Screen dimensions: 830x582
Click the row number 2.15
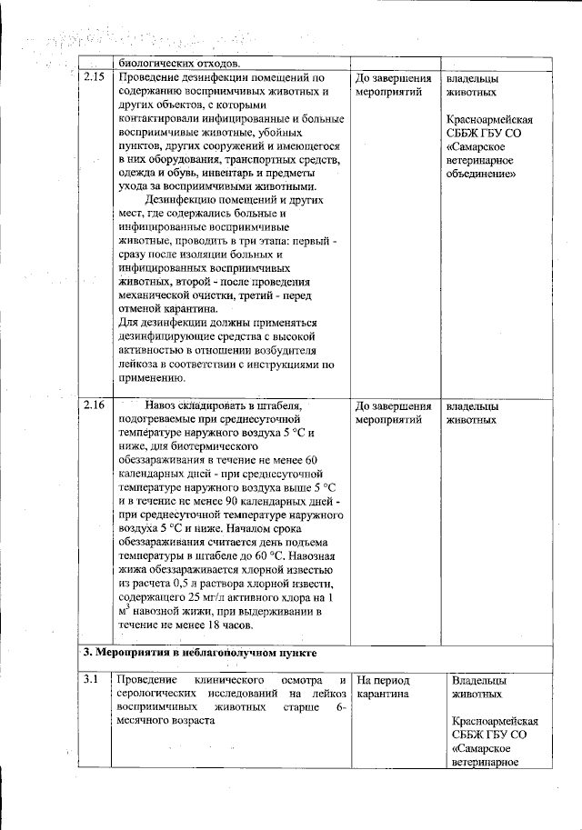pyautogui.click(x=94, y=78)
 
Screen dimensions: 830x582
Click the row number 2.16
pyautogui.click(x=94, y=405)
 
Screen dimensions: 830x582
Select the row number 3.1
pyautogui.click(x=91, y=680)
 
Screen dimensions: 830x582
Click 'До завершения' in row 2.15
pyautogui.click(x=393, y=78)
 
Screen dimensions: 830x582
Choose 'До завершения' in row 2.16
pyautogui.click(x=393, y=405)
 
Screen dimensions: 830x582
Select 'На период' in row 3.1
pyautogui.click(x=384, y=680)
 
